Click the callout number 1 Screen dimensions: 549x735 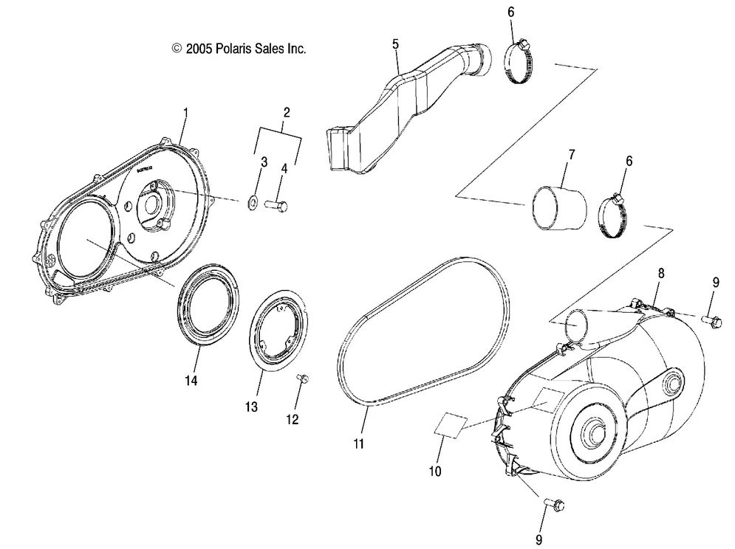tap(185, 113)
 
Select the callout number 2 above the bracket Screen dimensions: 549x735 tap(287, 113)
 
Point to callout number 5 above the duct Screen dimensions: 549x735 tap(396, 45)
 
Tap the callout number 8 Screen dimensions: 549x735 tap(661, 273)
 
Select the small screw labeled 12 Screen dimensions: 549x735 tap(301, 379)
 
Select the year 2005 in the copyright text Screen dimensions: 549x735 tap(200, 49)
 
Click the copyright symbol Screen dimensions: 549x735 tap(176, 49)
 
